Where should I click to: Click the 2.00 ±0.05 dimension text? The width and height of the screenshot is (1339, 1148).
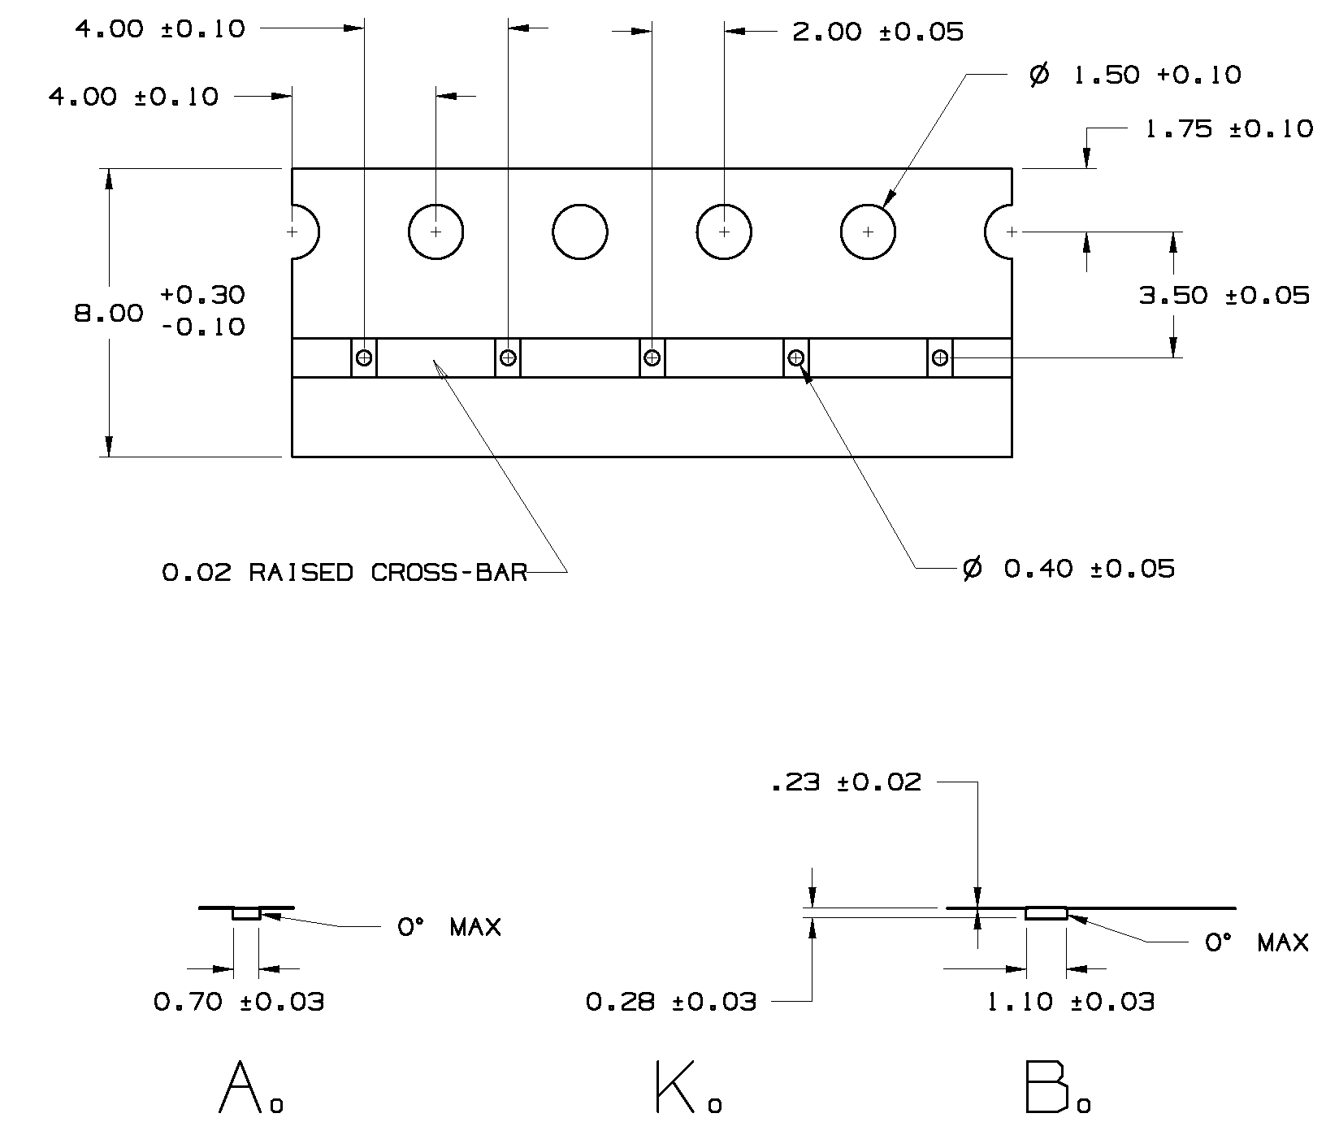pyautogui.click(x=877, y=32)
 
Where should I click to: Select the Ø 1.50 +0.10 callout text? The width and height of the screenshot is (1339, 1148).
pyautogui.click(x=1135, y=76)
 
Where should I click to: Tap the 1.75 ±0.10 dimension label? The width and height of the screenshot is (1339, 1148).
pyautogui.click(x=1228, y=129)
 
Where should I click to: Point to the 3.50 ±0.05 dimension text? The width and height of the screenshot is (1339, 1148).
pyautogui.click(x=1224, y=295)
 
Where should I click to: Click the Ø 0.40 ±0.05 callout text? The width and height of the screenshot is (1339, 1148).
pyautogui.click(x=1068, y=568)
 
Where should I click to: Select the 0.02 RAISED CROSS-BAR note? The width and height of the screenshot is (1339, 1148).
pyautogui.click(x=344, y=573)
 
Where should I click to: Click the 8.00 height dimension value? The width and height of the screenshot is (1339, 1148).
pyautogui.click(x=109, y=313)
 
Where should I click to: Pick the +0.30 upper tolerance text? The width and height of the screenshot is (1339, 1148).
pyautogui.click(x=202, y=293)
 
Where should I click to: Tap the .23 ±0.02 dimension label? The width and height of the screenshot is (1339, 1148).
pyautogui.click(x=845, y=782)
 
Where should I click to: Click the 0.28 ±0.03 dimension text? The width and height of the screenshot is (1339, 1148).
pyautogui.click(x=670, y=1002)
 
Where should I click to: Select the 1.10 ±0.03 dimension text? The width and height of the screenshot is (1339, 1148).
pyautogui.click(x=1070, y=1002)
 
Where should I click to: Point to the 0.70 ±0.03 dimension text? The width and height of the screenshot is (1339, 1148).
pyautogui.click(x=239, y=1002)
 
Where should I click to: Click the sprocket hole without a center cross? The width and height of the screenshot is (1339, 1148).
pyautogui.click(x=579, y=232)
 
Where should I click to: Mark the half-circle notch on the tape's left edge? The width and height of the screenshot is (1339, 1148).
pyautogui.click(x=305, y=232)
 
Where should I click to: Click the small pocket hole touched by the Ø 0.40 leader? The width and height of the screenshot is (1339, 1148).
pyautogui.click(x=796, y=357)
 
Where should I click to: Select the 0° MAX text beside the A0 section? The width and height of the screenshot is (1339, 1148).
pyautogui.click(x=448, y=927)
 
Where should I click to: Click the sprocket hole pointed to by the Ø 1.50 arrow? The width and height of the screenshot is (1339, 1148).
pyautogui.click(x=868, y=232)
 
